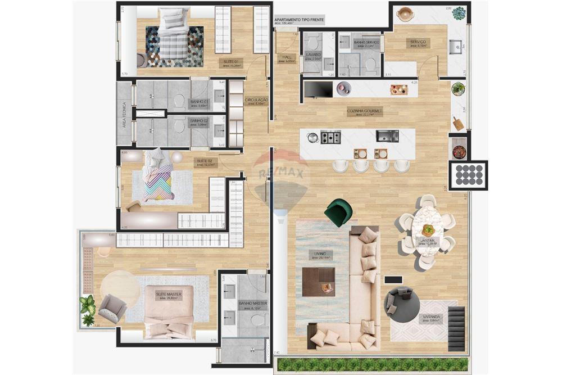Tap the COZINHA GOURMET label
click(x=364, y=112)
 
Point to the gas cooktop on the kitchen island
click(x=330, y=137)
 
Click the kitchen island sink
click(x=387, y=136)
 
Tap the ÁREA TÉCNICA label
click(x=124, y=115)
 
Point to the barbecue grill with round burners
click(x=468, y=175)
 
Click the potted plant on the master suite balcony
click(x=87, y=311)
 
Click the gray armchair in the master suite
click(x=111, y=308)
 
